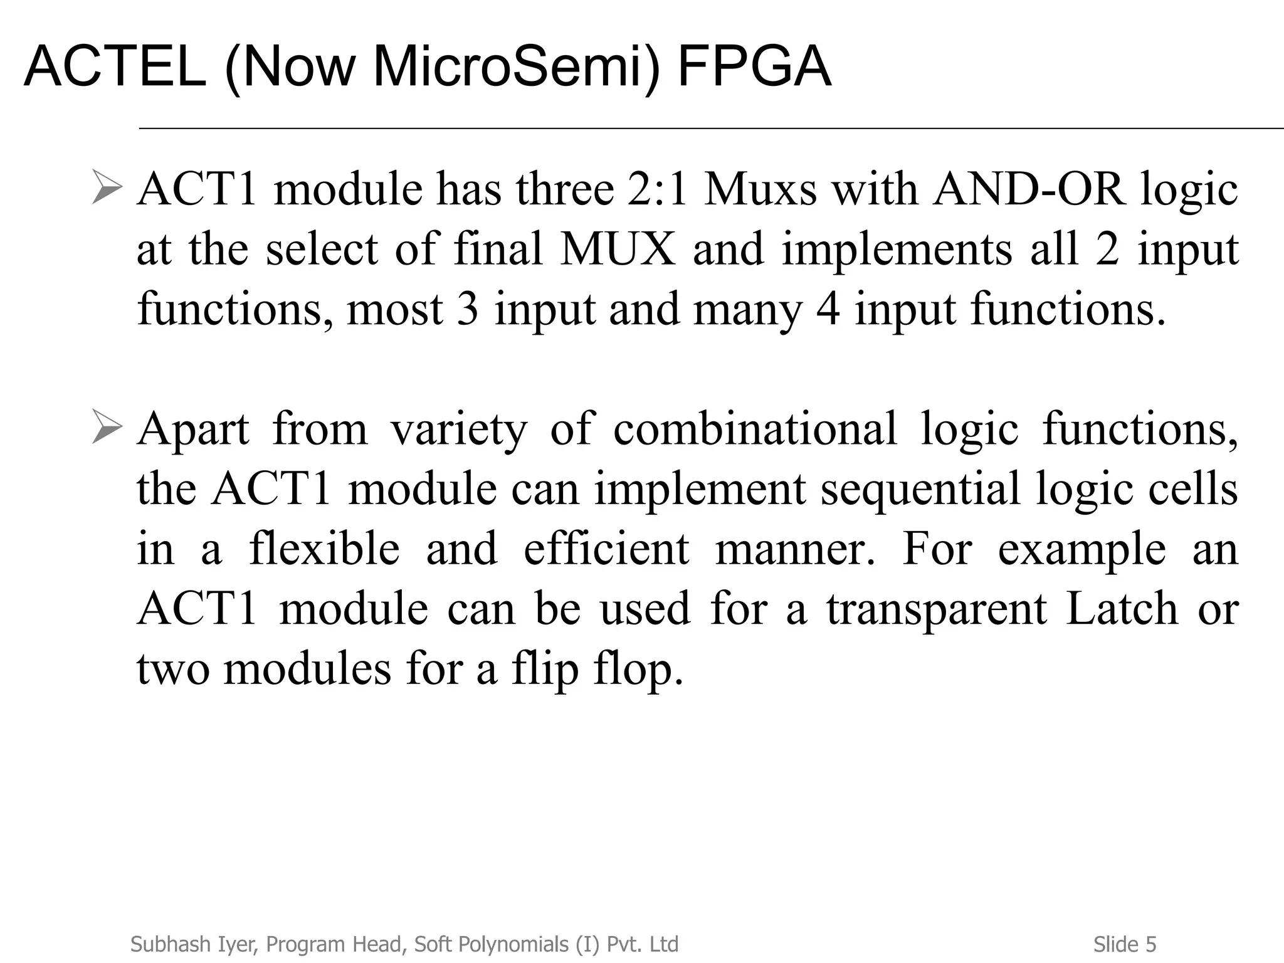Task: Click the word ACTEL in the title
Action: coord(115,67)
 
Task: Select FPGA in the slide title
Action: coord(754,67)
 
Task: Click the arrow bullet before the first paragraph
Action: coord(106,186)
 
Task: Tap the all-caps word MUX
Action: coord(618,249)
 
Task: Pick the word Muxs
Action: coord(760,189)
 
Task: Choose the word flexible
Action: coord(324,549)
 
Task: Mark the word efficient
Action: coord(606,549)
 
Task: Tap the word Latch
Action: coord(1122,609)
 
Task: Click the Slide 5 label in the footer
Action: coord(1125,944)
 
